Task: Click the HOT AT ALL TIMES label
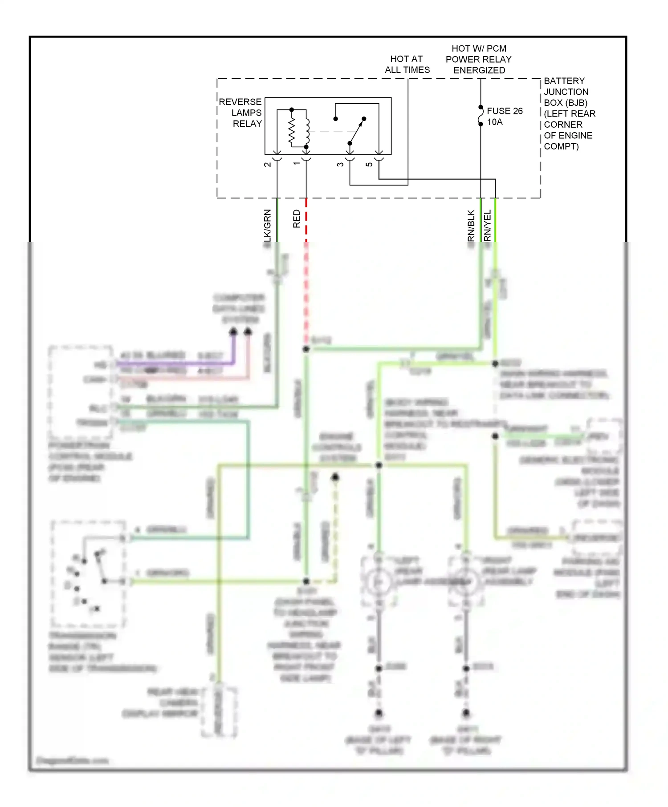[x=407, y=65]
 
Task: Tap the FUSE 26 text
[x=505, y=111]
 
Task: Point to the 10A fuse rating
[x=495, y=122]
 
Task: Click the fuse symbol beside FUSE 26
[x=481, y=116]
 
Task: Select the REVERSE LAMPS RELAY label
[x=241, y=113]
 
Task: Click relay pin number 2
[x=268, y=164]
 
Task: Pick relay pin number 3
[x=340, y=164]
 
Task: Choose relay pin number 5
[x=369, y=164]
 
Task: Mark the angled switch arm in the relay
[x=357, y=131]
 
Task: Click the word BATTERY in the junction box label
[x=564, y=81]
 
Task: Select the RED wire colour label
[x=297, y=219]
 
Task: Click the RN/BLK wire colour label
[x=471, y=226]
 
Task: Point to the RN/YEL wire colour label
[x=487, y=226]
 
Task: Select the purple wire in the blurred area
[x=178, y=363]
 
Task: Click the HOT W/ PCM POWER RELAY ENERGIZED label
[x=479, y=59]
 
